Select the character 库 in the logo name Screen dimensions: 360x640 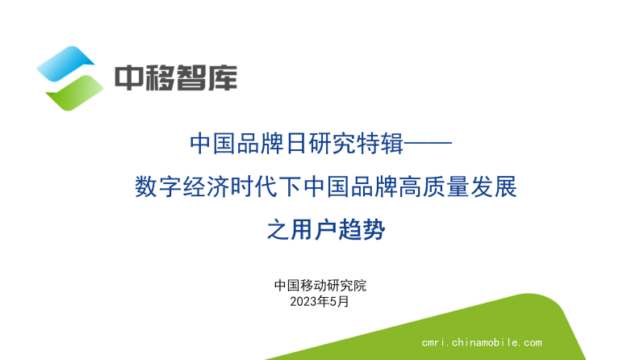(222, 77)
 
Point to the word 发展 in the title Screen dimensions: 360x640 (490, 189)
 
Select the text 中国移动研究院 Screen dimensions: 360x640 (320, 286)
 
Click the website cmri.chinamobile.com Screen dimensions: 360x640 (482, 342)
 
